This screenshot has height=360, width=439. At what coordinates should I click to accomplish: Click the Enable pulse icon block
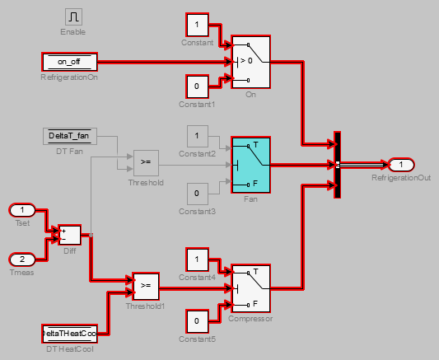(x=72, y=16)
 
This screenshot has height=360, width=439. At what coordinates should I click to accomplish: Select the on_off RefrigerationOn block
(x=69, y=62)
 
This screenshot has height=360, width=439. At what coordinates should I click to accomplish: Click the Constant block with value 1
(x=197, y=25)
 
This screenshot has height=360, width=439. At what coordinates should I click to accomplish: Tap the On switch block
(x=251, y=62)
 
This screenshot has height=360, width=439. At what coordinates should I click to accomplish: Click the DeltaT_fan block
(x=69, y=136)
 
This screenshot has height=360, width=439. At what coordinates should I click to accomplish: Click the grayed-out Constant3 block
(x=197, y=194)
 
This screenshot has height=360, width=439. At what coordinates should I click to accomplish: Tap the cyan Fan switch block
(x=251, y=165)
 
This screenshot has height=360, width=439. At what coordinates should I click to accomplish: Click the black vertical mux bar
(x=337, y=165)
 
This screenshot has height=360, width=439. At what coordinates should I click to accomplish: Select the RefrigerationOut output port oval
(x=400, y=165)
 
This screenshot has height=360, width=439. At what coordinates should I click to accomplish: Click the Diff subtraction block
(x=69, y=235)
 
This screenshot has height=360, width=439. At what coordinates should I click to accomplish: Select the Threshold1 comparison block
(x=145, y=287)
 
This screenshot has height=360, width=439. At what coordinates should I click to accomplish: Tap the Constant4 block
(x=197, y=259)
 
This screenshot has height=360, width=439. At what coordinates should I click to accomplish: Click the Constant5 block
(x=197, y=319)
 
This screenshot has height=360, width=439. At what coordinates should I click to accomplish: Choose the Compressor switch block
(x=251, y=288)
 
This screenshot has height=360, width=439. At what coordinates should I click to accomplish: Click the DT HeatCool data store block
(x=69, y=334)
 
